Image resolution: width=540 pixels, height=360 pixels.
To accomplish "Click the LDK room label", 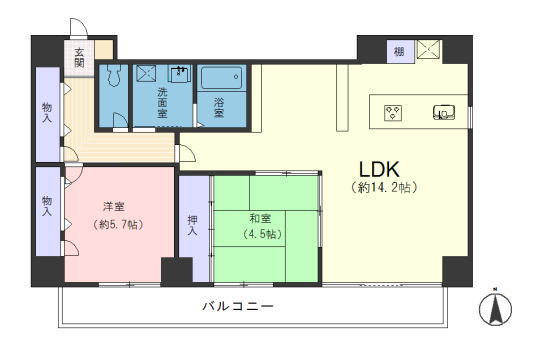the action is coord(379,169).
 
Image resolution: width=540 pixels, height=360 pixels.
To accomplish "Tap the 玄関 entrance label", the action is coord(79,58).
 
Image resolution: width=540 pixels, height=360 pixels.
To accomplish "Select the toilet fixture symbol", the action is coord(113,75).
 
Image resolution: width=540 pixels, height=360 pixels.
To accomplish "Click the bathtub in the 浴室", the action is coord(221,78).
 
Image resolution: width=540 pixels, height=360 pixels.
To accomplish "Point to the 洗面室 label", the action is coord(162,103).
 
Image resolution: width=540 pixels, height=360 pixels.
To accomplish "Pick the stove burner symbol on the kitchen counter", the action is coord(393,113).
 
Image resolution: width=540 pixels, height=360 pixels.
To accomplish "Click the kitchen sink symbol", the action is coord(444,112).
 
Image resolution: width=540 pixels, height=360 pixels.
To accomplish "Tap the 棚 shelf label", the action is coord(399,52).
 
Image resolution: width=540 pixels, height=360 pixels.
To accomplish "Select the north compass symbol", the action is coord(495,307).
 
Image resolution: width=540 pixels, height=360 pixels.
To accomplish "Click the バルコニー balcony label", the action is coord(238,306).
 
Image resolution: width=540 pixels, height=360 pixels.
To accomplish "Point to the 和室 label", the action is coord(260,219).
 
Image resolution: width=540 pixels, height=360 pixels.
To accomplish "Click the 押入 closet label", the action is coord(192,225).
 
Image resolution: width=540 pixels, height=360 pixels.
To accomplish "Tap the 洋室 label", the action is coord(114,207).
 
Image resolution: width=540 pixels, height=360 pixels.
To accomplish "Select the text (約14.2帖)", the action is coord(384,187).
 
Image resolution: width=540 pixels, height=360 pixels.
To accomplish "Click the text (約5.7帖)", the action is coord(118,225).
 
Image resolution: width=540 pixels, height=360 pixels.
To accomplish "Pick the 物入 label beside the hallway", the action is coord(47,113).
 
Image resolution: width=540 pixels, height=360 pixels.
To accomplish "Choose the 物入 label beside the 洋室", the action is coord(47,206).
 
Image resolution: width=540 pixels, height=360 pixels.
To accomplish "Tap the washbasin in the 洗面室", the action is coord(179,74).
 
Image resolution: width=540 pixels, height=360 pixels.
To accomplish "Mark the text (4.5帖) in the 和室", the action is coord(262,234).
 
